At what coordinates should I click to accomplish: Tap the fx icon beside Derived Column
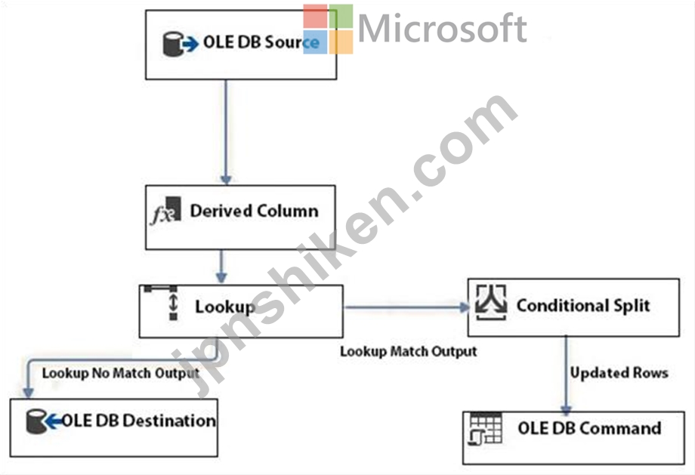[x=165, y=211]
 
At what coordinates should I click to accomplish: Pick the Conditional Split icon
[x=491, y=303]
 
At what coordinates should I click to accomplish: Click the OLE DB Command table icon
[x=485, y=428]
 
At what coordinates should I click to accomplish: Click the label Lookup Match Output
[x=408, y=351]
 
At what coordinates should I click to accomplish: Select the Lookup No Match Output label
[x=121, y=373]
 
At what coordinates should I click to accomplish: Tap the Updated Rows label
[x=619, y=372]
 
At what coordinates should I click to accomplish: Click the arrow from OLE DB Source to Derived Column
[x=226, y=132]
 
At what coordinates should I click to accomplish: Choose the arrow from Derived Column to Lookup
[x=221, y=267]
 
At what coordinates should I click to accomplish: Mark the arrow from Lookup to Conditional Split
[x=407, y=307]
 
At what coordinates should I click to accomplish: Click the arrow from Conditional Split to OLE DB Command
[x=566, y=375]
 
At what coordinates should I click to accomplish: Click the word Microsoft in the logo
[x=442, y=29]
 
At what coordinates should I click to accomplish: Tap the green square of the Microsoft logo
[x=341, y=16]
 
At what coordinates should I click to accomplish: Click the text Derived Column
[x=254, y=211]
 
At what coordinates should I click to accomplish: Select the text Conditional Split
[x=583, y=305]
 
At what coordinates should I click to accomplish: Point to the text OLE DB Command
[x=589, y=428]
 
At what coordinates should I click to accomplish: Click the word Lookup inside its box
[x=225, y=307]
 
